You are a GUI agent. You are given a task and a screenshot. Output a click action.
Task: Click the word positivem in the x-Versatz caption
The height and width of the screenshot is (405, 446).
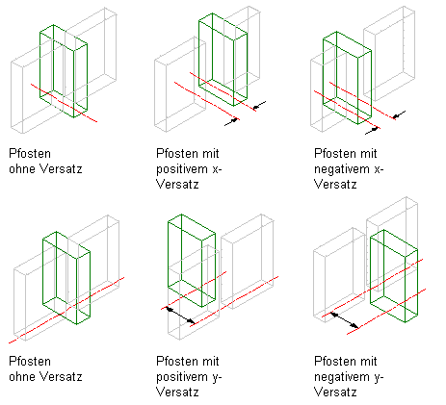[x=182, y=169]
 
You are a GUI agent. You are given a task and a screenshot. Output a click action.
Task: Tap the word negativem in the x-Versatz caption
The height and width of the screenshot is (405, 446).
[x=342, y=169]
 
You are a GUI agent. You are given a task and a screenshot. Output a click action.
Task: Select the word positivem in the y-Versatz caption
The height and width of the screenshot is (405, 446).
[x=182, y=377]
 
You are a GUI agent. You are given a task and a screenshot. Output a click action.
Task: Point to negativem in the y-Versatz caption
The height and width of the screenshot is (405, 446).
[x=342, y=377]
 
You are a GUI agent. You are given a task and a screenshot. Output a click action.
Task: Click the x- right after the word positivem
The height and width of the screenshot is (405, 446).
[x=217, y=169]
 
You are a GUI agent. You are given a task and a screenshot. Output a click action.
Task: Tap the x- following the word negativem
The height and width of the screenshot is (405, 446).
[x=379, y=169]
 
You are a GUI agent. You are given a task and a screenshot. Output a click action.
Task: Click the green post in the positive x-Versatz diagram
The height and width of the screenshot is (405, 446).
[x=223, y=60]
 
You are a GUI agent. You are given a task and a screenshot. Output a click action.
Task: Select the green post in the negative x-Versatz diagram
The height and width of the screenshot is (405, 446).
[x=347, y=78]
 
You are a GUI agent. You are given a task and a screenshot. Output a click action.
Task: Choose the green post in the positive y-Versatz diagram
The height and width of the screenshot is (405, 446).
[x=192, y=261]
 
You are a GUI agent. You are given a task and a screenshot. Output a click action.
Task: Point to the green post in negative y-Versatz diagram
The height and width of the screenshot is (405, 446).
[x=394, y=276]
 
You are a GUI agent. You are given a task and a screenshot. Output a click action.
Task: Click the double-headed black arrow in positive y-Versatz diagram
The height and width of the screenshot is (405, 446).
[x=180, y=316]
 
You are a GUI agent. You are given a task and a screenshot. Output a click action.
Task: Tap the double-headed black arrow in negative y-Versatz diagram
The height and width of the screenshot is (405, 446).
[x=345, y=320]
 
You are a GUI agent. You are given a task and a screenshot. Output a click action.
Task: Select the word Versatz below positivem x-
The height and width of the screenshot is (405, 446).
[x=177, y=185]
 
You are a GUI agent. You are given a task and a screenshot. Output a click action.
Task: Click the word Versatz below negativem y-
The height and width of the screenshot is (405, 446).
[x=335, y=392]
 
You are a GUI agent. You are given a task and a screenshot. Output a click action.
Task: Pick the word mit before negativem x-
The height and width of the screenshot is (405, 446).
[x=367, y=154]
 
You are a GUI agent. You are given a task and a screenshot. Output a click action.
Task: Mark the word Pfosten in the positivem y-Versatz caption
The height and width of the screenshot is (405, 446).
[x=176, y=362]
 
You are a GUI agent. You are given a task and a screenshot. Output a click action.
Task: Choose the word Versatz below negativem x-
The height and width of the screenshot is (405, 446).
[x=335, y=185]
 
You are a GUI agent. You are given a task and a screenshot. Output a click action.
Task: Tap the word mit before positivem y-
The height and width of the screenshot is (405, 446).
[x=210, y=362]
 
